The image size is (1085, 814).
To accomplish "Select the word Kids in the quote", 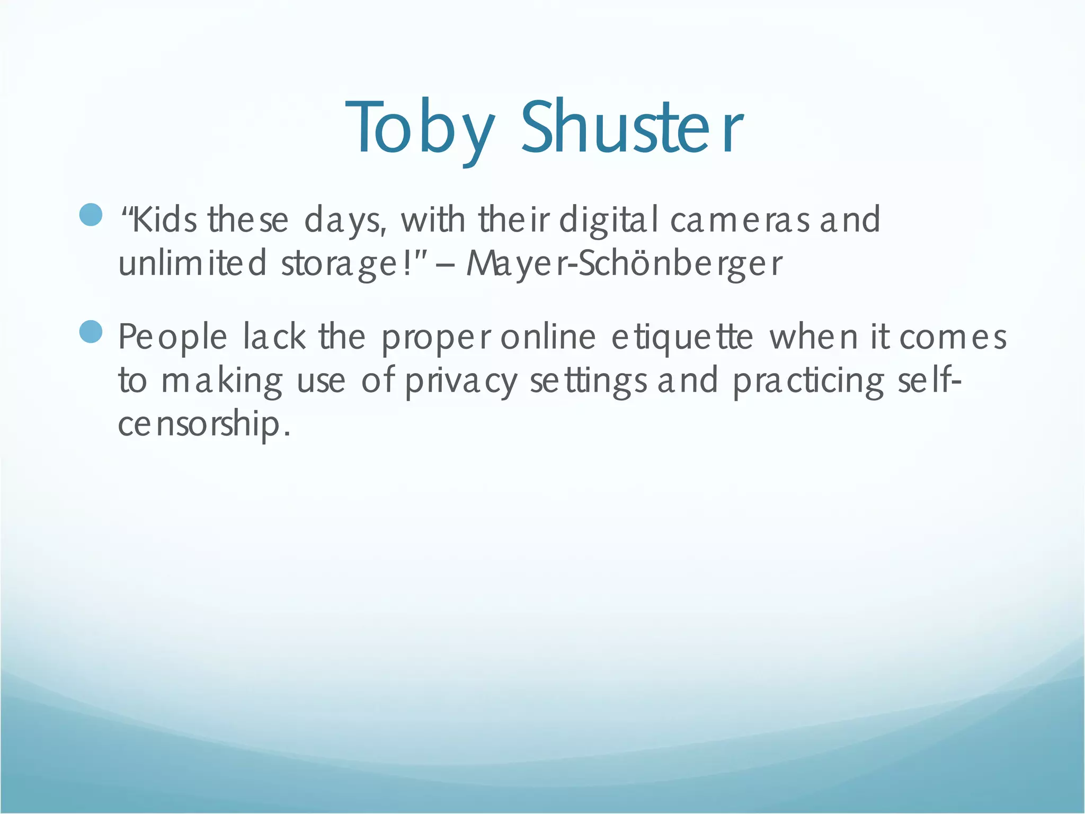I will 164,220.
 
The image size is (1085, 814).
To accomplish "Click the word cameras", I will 740,220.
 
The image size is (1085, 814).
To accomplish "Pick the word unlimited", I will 192,263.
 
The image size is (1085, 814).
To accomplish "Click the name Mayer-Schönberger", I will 624,263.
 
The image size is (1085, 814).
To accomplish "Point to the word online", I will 548,337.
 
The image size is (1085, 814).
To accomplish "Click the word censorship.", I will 204,425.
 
